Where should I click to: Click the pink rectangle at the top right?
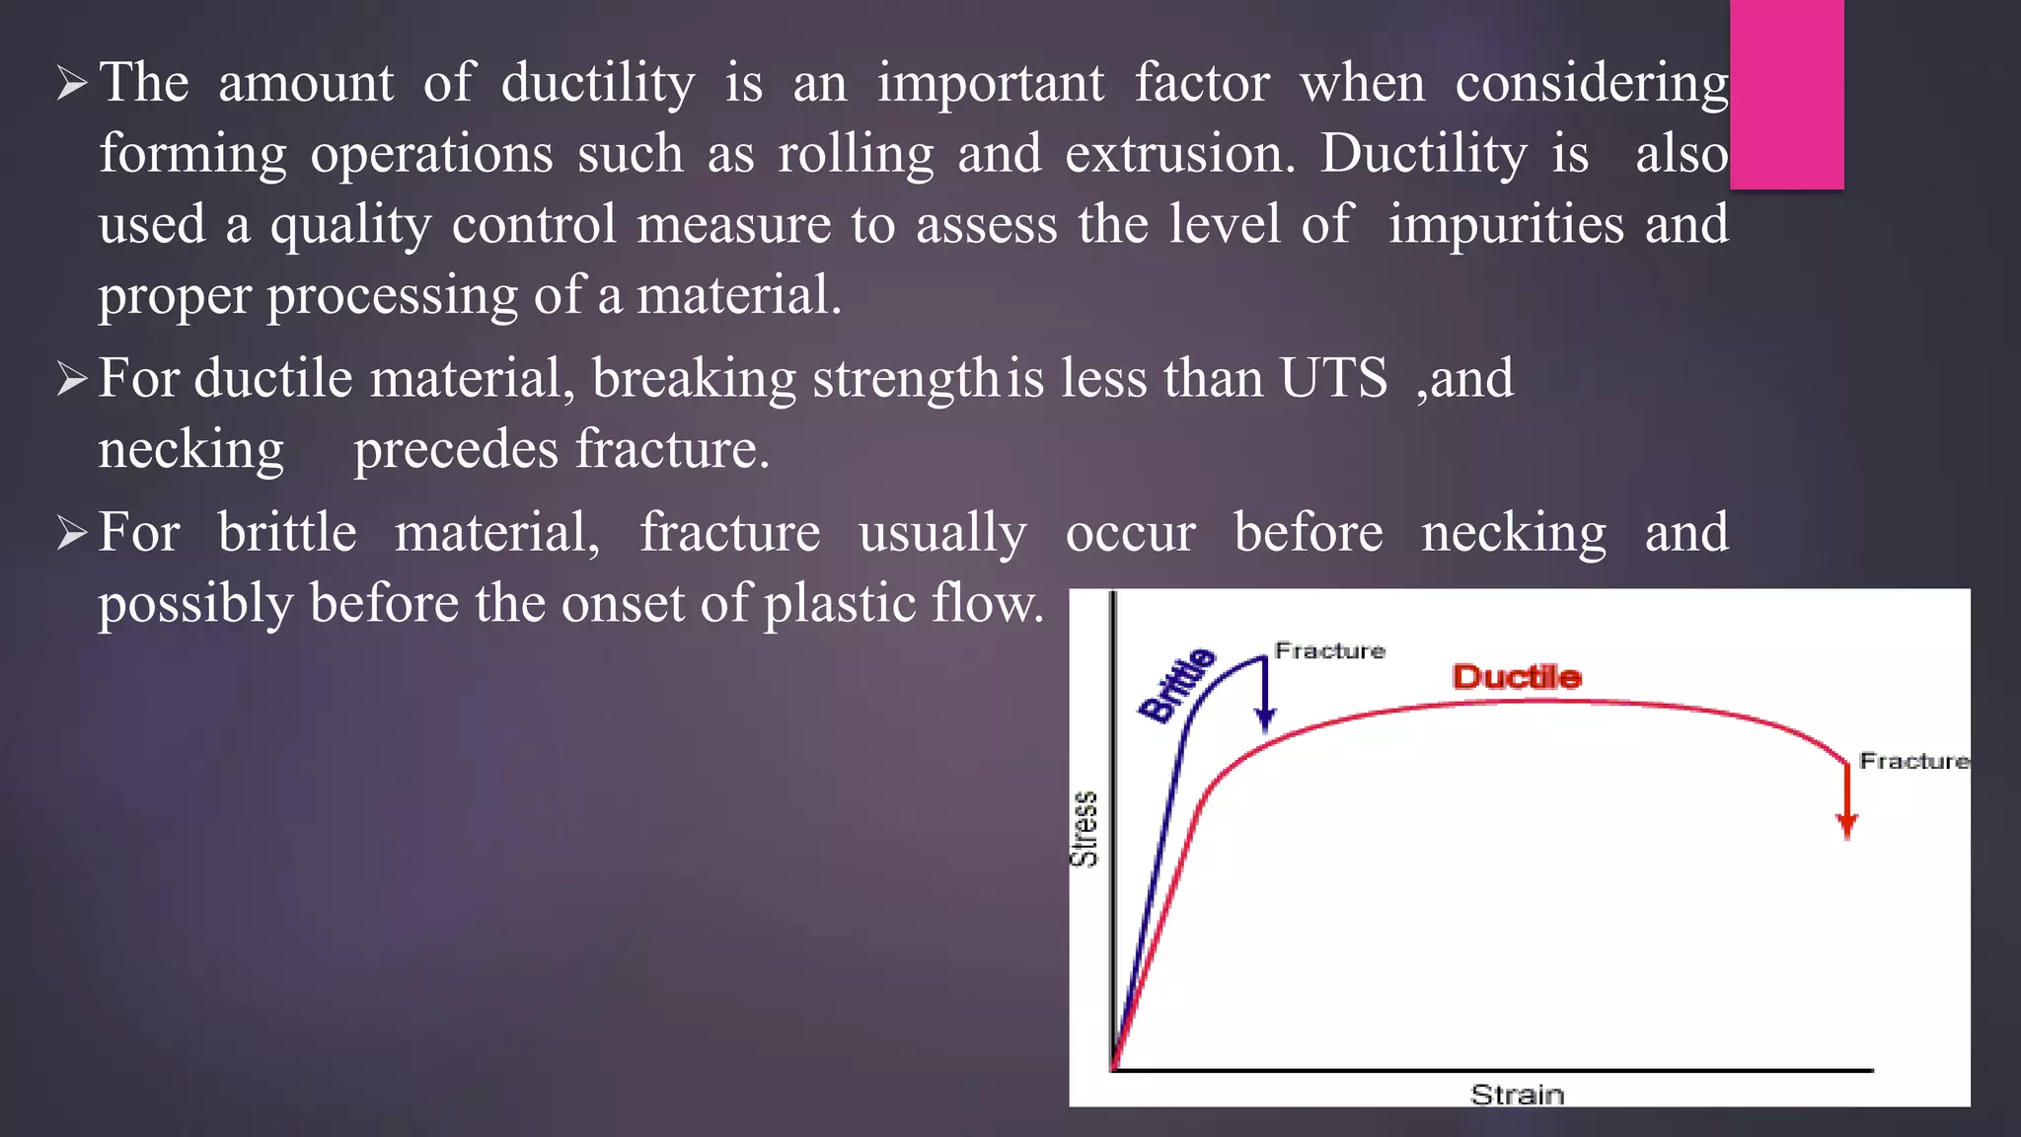(1786, 94)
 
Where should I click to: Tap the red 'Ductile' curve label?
(1517, 677)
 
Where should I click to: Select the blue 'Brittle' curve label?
(1176, 685)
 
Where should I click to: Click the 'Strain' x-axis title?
(1517, 1095)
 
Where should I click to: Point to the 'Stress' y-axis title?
(1085, 828)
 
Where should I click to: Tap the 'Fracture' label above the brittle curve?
(1329, 650)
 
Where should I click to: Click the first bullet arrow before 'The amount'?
(72, 83)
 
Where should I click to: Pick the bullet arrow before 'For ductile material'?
(72, 379)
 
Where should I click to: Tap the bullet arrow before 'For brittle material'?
(72, 533)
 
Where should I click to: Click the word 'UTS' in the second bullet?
(1333, 378)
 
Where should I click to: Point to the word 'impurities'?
(1506, 225)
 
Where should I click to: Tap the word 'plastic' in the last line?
(840, 604)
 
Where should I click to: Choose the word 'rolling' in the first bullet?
(855, 154)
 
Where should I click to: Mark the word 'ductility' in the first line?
(598, 83)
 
